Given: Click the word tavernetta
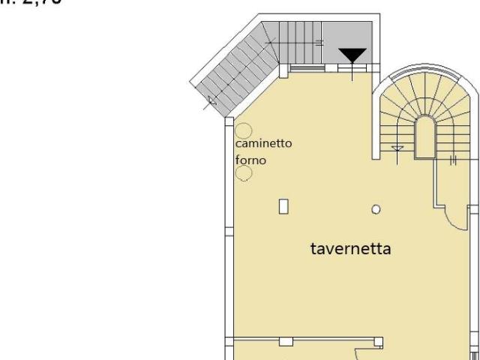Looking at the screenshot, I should tap(350, 248).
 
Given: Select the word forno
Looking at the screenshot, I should tap(250, 160).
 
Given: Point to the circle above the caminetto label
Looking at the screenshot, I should tap(244, 129).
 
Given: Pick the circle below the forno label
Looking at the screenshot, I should tap(244, 173).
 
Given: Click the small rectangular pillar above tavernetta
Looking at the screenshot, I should tap(283, 205).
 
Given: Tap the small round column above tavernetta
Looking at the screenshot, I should tap(376, 209).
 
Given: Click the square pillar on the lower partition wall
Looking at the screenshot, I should tap(285, 341).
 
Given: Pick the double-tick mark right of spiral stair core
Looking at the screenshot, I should tap(453, 160).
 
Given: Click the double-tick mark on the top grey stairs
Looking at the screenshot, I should tap(320, 43).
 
